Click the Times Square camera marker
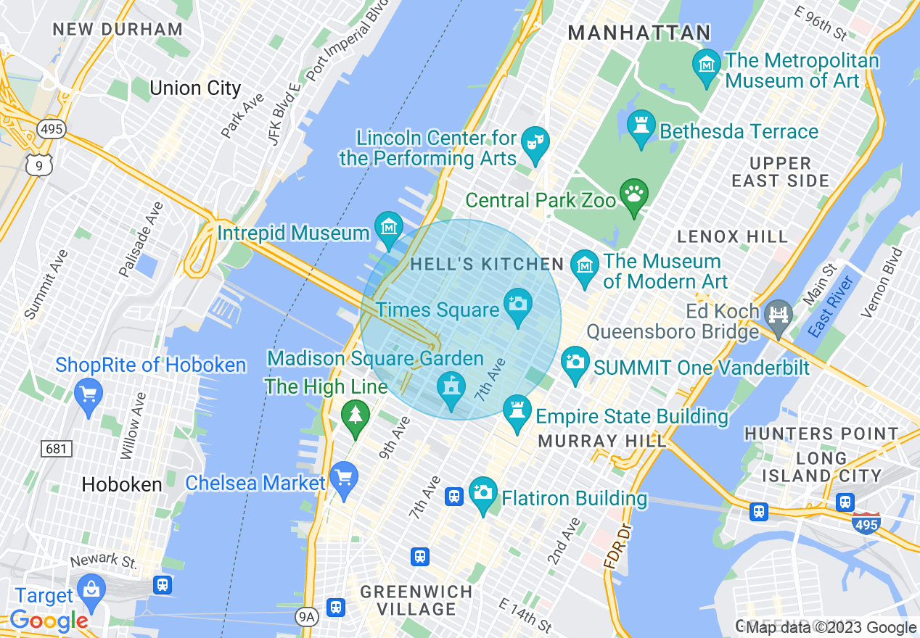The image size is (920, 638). pos(517,303)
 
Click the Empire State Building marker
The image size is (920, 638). pos(517,411)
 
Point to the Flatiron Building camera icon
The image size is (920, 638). pos(483,493)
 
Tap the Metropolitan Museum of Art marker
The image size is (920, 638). pos(707,65)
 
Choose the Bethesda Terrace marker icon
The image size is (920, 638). pos(641,126)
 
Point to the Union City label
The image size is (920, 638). pos(194,88)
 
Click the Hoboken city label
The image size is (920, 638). pos(122,484)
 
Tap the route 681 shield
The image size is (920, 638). pos(56,449)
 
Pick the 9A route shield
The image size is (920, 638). pos(308,617)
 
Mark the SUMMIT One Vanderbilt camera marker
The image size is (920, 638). pos(575,360)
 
